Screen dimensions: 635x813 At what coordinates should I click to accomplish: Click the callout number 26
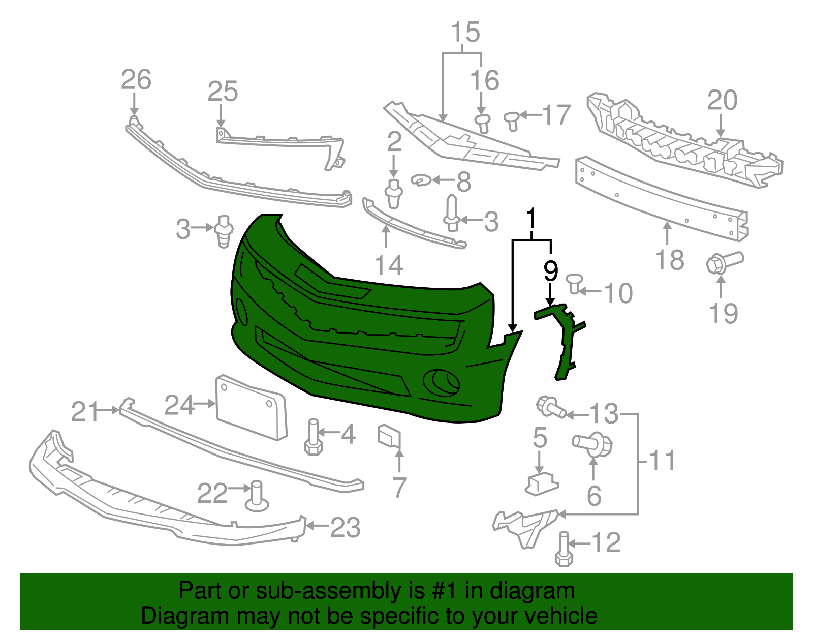(x=136, y=80)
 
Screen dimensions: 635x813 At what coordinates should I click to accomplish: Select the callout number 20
(x=722, y=100)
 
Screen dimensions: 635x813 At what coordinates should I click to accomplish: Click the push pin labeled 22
(x=257, y=497)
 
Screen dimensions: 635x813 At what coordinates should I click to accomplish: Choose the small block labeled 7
(x=389, y=436)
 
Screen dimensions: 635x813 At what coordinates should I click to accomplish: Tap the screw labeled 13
(x=550, y=407)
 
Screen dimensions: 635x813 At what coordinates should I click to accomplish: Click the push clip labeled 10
(x=574, y=282)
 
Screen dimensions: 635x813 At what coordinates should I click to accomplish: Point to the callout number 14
(x=388, y=265)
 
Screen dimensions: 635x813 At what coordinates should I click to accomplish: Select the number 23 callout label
(x=346, y=527)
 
